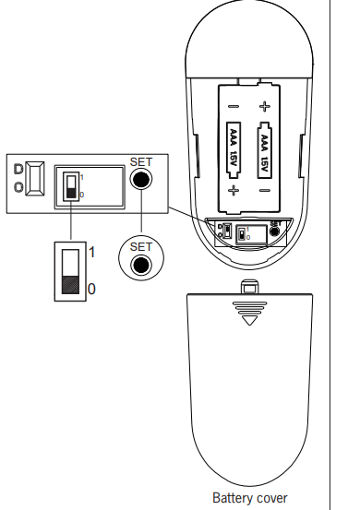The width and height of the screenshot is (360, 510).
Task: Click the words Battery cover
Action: click(249, 498)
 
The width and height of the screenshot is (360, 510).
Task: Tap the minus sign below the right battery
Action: click(264, 191)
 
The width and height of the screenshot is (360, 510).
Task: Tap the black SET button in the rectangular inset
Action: click(140, 179)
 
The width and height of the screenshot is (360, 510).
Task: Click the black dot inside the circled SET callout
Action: click(140, 265)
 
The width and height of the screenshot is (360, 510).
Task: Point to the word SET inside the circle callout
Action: click(140, 246)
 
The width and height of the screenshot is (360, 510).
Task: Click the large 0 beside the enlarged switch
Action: click(91, 288)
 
